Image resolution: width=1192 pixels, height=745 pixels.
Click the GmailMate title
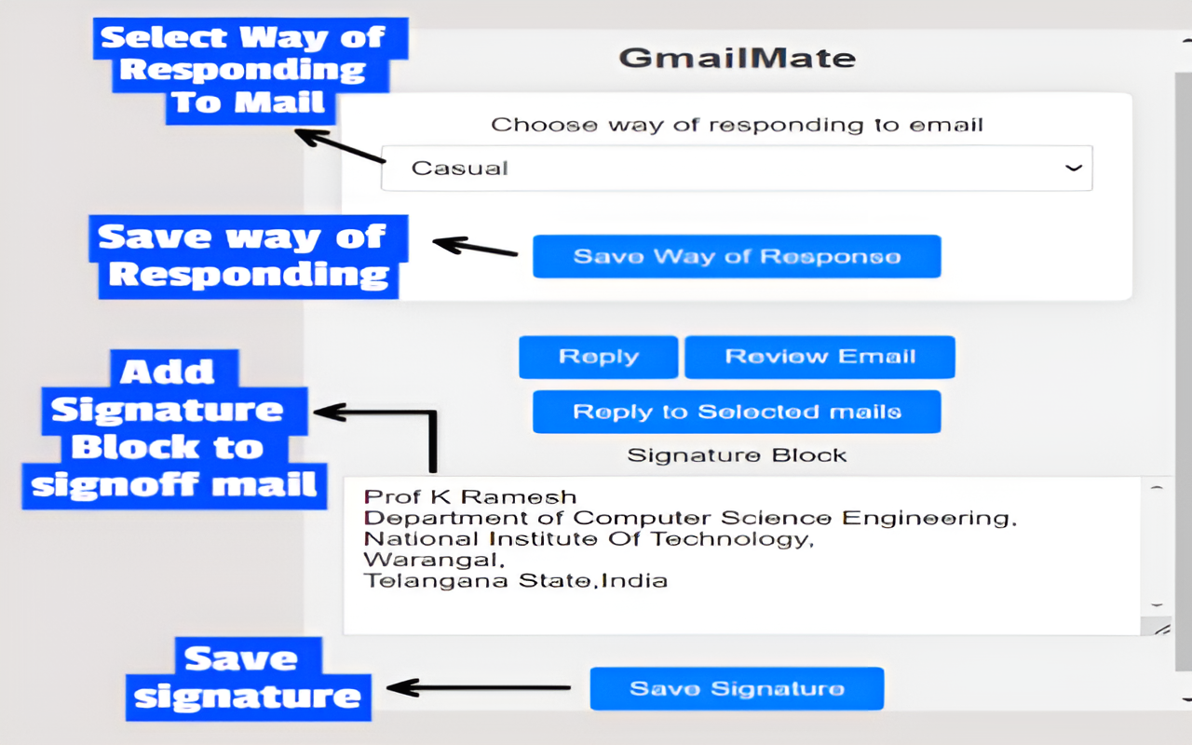click(737, 58)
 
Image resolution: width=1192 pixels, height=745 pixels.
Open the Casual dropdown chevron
click(1073, 168)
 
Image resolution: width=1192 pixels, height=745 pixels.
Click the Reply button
click(598, 357)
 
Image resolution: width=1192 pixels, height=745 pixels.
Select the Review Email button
click(819, 357)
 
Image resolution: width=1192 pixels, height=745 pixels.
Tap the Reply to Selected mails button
click(737, 412)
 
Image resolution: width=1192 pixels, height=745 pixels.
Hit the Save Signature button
click(737, 689)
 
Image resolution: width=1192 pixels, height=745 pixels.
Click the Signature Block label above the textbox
click(737, 455)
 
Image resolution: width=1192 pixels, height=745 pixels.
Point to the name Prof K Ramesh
click(470, 497)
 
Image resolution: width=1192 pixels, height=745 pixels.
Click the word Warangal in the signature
click(433, 560)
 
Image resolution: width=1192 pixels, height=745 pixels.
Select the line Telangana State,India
click(515, 581)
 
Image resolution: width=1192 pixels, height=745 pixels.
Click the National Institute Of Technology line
click(588, 539)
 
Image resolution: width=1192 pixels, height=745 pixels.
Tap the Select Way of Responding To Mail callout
click(242, 70)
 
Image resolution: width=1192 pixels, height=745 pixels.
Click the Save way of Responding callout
click(244, 255)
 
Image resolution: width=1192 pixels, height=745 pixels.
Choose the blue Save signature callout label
click(248, 678)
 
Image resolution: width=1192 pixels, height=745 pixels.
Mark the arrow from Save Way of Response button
click(475, 248)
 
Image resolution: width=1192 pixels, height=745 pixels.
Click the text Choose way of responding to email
click(737, 125)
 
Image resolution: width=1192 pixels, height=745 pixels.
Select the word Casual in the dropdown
click(459, 169)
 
